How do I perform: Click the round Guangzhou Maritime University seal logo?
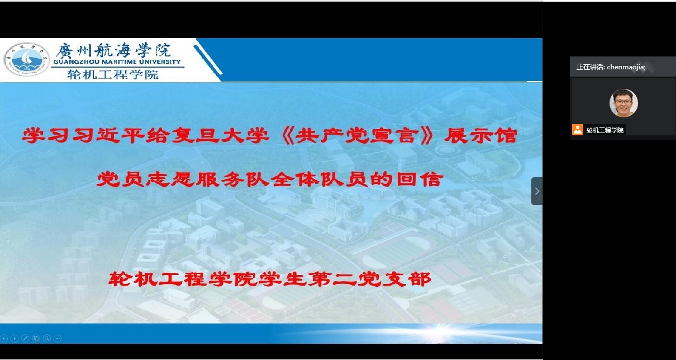pyautogui.click(x=27, y=59)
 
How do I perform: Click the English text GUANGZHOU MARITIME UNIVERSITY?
pyautogui.click(x=117, y=62)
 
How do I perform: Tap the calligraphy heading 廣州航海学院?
pyautogui.click(x=113, y=50)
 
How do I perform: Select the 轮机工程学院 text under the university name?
pyautogui.click(x=113, y=74)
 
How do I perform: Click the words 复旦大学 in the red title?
pyautogui.click(x=220, y=135)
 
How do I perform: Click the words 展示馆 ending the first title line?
pyautogui.click(x=480, y=136)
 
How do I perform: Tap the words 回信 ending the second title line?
pyautogui.click(x=420, y=179)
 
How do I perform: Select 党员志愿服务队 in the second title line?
pyautogui.click(x=183, y=179)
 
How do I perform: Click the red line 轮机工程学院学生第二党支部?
pyautogui.click(x=270, y=279)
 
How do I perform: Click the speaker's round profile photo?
pyautogui.click(x=623, y=103)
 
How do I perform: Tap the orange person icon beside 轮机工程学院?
pyautogui.click(x=578, y=130)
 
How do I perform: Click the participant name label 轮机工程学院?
pyautogui.click(x=605, y=130)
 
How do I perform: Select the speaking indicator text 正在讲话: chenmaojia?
pyautogui.click(x=611, y=67)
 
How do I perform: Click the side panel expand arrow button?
pyautogui.click(x=537, y=191)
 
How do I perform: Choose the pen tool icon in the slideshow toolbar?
pyautogui.click(x=25, y=339)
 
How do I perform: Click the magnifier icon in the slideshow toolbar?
pyautogui.click(x=47, y=339)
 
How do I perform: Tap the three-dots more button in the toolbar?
pyautogui.click(x=58, y=339)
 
